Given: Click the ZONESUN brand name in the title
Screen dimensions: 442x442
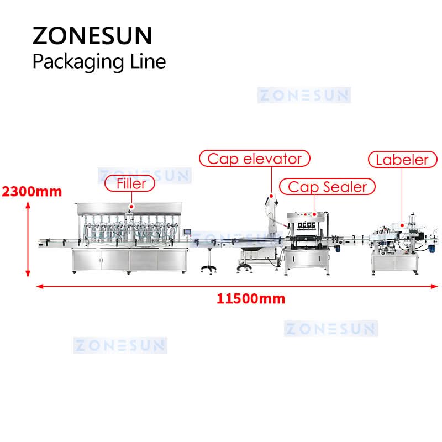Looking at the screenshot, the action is pos(92,36).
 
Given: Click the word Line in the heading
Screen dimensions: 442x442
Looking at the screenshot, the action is pos(148,61).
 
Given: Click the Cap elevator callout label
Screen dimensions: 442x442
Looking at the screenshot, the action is pos(255,159).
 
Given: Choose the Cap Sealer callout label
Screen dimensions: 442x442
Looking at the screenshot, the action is pos(327,187).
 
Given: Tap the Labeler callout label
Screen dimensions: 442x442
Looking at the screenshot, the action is pos(403,160).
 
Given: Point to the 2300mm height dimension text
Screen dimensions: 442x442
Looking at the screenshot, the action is pos(32,192).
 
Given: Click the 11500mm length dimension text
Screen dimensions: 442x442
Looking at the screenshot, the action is pos(251,299).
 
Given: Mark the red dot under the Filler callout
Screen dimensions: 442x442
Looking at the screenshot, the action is pos(131,207).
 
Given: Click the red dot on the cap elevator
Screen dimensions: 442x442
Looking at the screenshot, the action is pos(271,196).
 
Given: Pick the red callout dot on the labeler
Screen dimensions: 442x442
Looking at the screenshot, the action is pos(402,225).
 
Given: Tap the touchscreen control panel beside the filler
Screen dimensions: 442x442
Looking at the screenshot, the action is pos(187,231).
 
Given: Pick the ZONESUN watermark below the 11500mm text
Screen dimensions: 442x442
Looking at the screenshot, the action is pos(330,329).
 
